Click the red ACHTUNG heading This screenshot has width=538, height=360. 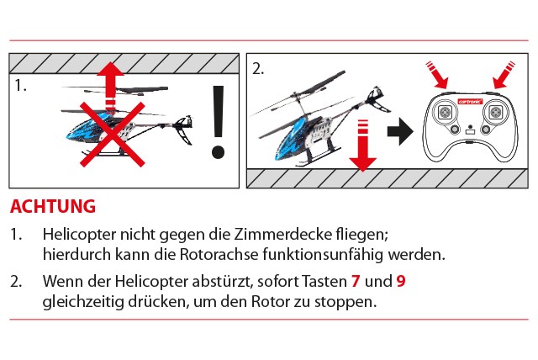click(x=53, y=206)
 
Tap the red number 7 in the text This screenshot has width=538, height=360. click(x=356, y=282)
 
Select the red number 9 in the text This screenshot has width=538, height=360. click(x=401, y=282)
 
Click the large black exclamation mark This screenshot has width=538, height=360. click(x=218, y=122)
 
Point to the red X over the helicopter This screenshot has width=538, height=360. click(x=112, y=135)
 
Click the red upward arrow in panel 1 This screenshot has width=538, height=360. click(x=110, y=87)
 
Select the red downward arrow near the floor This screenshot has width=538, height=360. click(x=362, y=146)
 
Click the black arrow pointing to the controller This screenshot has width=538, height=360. click(x=400, y=131)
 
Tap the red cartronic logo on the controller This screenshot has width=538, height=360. click(x=470, y=102)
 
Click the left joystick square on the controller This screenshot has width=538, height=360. click(x=445, y=112)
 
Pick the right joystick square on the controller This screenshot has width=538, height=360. click(x=495, y=112)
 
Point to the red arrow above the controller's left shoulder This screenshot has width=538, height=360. click(x=437, y=75)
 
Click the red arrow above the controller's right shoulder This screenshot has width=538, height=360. click(x=504, y=75)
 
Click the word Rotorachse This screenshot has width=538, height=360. click(x=219, y=255)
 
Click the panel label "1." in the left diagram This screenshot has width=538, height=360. click(x=20, y=86)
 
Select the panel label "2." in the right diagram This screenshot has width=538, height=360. click(x=258, y=69)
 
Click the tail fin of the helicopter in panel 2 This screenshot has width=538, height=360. click(x=377, y=99)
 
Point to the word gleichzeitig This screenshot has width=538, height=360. click(x=82, y=302)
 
